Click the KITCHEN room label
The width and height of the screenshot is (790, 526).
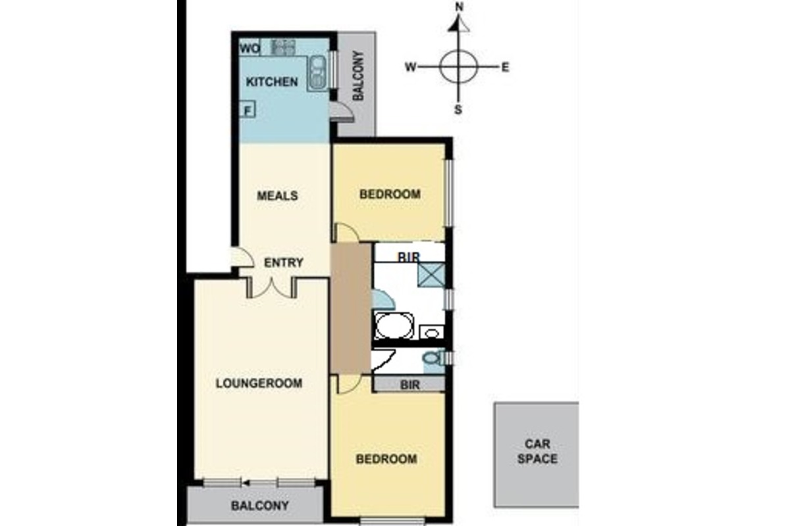[x=272, y=82]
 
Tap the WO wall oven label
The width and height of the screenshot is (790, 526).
[x=250, y=48]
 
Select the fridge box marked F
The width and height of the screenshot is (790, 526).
[x=248, y=110]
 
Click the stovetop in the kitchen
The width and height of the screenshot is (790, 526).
[x=283, y=47]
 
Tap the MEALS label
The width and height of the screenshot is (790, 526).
[x=277, y=195]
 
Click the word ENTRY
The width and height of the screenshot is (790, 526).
[x=284, y=262]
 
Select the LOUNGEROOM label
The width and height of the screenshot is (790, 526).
[x=259, y=383]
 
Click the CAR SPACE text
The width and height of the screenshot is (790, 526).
[x=537, y=451]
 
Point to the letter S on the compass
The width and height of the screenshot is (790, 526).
[x=458, y=110]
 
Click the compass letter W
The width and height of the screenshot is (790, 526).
[x=411, y=67]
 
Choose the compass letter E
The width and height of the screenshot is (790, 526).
[x=506, y=67]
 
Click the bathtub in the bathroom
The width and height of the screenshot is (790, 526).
[x=394, y=325]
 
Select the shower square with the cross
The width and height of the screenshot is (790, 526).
[x=431, y=275]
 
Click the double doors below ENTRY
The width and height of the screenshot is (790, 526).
[x=272, y=287]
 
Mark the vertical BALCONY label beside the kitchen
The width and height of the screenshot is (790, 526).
[x=358, y=76]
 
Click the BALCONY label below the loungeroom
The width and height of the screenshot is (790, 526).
[x=260, y=506]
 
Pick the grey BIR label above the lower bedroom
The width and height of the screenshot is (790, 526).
[x=409, y=385]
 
